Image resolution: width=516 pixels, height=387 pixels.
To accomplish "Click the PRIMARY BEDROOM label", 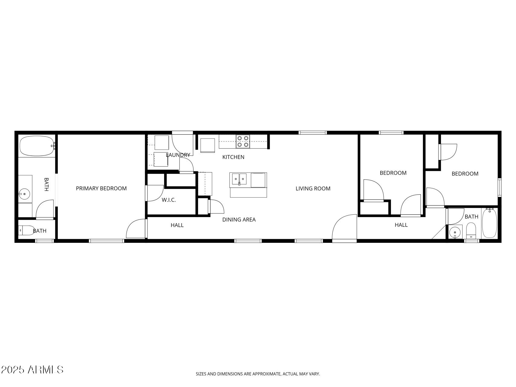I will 101,188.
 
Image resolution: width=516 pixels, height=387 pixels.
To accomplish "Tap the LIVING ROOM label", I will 313,189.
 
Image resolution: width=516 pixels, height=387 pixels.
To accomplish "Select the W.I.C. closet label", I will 169,200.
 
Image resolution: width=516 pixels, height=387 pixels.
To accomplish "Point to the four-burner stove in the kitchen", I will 243,141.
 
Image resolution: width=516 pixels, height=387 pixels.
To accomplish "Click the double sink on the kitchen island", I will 239,179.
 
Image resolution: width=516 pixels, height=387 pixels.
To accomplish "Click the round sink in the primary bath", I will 24,193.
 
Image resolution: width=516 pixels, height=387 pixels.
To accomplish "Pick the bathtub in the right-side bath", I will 489,223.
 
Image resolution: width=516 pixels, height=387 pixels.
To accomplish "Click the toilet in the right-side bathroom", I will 471,230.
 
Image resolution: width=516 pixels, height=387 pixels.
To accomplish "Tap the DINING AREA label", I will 239,220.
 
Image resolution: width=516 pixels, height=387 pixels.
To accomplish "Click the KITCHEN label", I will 233,157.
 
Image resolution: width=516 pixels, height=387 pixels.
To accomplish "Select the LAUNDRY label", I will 178,155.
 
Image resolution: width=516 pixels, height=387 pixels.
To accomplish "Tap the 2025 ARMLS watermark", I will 32,369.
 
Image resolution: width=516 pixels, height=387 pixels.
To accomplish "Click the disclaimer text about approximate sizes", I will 258,374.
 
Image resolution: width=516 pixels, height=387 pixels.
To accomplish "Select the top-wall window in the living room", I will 313,133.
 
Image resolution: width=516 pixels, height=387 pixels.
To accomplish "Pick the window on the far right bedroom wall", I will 499,187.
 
